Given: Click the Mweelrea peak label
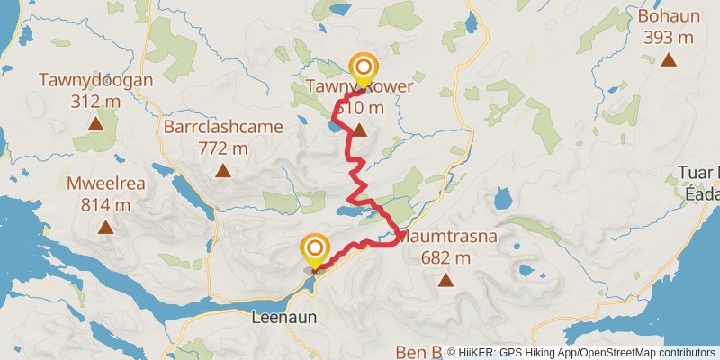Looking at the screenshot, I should coord(105,185).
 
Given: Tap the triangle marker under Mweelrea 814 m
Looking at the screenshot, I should coord(105,228).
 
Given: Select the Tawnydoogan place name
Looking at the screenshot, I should coord(95,80).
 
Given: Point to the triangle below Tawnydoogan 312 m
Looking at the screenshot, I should coord(95,122).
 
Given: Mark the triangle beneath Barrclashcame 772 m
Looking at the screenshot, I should coord(222,169).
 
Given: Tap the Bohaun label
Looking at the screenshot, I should coord(668,17).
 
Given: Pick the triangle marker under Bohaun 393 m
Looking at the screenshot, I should coord(668,59).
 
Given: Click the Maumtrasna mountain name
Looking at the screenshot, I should coord(447,238).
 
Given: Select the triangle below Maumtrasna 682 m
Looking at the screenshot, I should coord(445,280).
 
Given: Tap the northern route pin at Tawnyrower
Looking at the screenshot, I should coord(364,68).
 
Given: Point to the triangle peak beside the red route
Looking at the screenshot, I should coord(359,131).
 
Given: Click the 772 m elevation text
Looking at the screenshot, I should coord(222,148).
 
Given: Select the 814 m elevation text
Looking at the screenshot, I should coord(105,206).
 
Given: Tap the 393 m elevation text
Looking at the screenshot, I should coord(668,38).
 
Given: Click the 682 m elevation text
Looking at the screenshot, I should coord(446,258).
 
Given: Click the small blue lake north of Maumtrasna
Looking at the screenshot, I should coord(502,195).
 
